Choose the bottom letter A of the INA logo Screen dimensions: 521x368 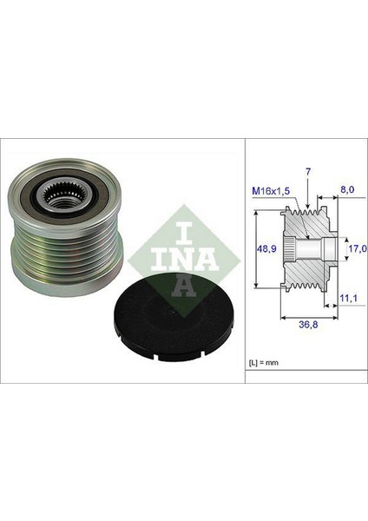coord(174,281)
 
